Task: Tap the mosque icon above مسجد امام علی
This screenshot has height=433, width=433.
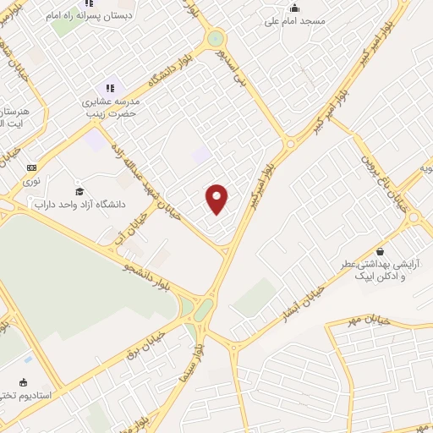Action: (x=294, y=8)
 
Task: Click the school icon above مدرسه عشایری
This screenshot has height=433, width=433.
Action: (x=109, y=88)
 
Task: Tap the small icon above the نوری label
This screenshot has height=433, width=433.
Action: (x=32, y=167)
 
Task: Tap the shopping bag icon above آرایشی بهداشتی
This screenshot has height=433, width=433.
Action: (x=381, y=251)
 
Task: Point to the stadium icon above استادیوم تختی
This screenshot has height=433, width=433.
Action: (x=24, y=382)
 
